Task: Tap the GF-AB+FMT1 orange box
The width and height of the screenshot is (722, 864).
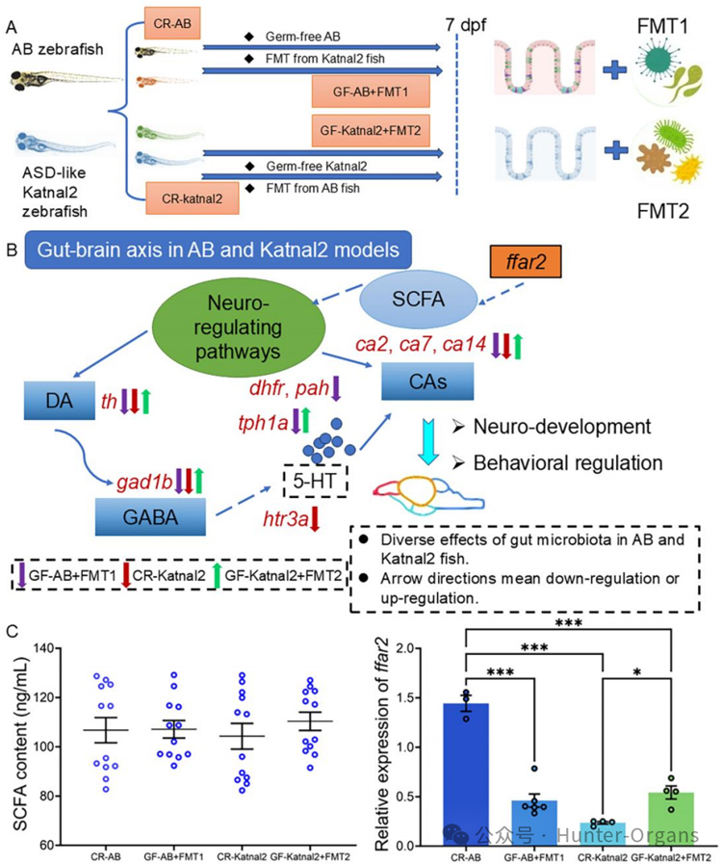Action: tap(369, 93)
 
